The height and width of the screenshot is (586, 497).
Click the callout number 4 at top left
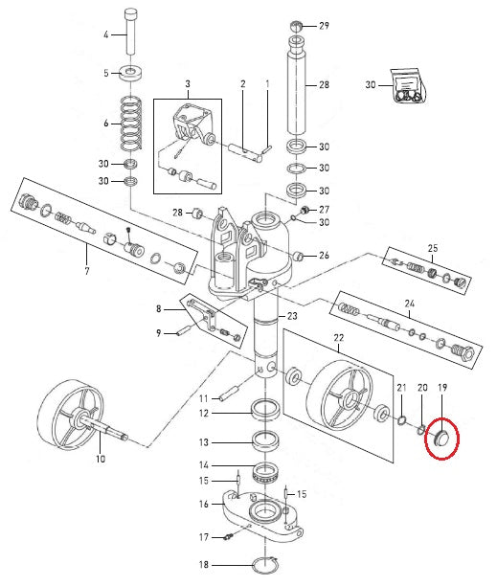(x=106, y=34)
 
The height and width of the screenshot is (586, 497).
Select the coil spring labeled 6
(x=131, y=123)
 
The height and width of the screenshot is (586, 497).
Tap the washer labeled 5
(x=130, y=72)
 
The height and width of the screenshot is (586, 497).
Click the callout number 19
(x=442, y=388)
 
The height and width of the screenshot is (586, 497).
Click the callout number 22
(x=339, y=338)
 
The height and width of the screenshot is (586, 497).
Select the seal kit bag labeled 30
(x=408, y=85)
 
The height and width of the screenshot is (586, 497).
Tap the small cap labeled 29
(x=296, y=26)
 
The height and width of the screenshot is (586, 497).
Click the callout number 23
(x=292, y=316)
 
